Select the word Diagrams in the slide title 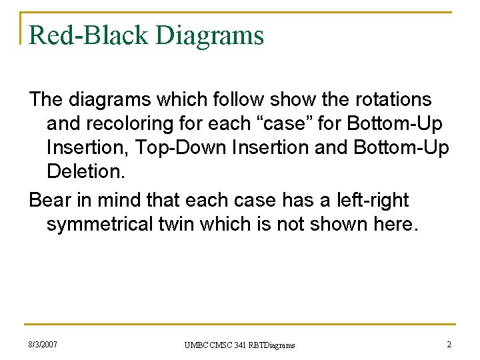(x=210, y=35)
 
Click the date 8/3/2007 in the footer (x=43, y=345)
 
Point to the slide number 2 (x=449, y=345)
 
